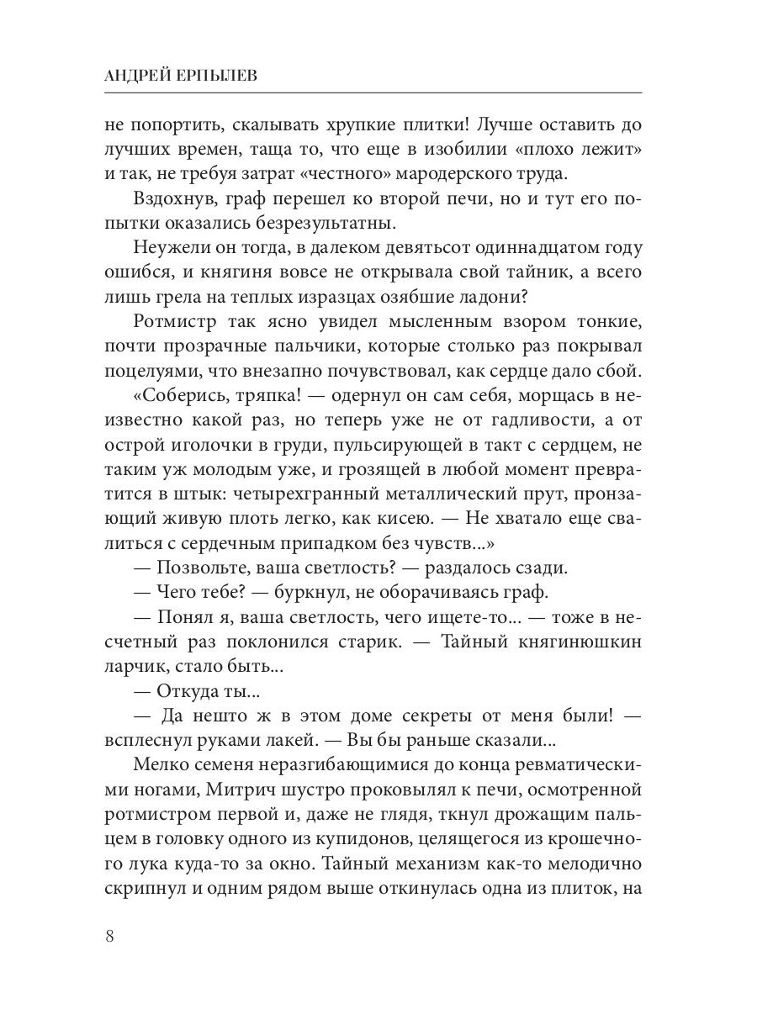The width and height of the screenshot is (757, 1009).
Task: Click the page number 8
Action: point(110,937)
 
